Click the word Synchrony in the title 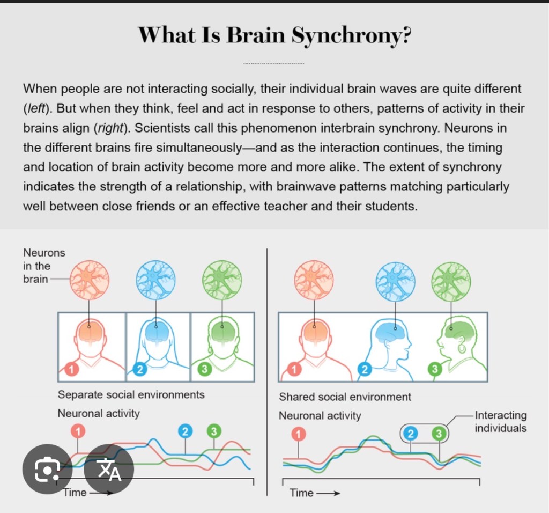point(351,35)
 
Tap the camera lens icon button point(47,470)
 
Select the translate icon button point(109,470)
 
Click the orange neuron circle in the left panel point(89,280)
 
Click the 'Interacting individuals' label point(501,422)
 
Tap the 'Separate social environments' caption point(131,395)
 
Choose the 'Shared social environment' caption point(345,397)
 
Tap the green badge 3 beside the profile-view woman point(434,369)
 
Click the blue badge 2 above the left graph point(186,431)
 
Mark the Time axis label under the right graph point(301,493)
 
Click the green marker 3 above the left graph point(214,431)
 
